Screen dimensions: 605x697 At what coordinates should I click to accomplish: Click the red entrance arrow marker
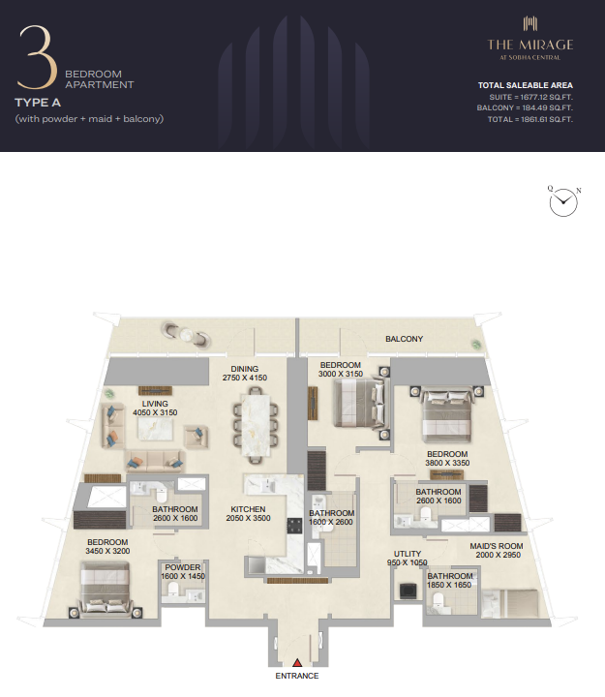[x=297, y=663]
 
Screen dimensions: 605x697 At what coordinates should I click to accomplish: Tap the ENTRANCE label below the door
[x=297, y=676]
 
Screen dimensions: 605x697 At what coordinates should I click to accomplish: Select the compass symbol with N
[x=563, y=201]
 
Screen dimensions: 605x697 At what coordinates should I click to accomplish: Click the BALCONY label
[x=404, y=339]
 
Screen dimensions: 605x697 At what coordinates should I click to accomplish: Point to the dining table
[x=256, y=424]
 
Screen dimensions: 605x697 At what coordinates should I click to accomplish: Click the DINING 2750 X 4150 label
[x=245, y=374]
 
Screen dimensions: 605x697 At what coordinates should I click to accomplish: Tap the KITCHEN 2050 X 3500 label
[x=248, y=513]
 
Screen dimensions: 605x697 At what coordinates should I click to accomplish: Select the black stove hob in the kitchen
[x=294, y=526]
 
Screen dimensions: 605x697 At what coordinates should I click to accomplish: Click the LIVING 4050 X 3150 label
[x=155, y=409]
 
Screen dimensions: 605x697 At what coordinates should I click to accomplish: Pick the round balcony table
[x=186, y=334]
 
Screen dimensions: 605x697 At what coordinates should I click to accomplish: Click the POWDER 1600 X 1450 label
[x=183, y=572]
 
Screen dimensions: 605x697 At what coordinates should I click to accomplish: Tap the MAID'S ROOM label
[x=497, y=546]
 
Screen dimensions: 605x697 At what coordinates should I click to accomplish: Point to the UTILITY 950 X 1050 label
[x=408, y=558]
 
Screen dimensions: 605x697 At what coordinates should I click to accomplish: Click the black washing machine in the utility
[x=408, y=591]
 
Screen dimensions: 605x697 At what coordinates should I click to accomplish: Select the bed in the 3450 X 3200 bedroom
[x=105, y=590]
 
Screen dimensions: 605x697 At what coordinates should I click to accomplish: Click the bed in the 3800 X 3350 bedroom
[x=447, y=414]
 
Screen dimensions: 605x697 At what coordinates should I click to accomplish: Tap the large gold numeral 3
[x=38, y=57]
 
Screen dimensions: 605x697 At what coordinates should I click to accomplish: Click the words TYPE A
[x=38, y=103]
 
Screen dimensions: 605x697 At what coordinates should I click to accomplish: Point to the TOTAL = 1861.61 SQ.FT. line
[x=529, y=119]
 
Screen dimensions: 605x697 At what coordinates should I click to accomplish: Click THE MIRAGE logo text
[x=530, y=45]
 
